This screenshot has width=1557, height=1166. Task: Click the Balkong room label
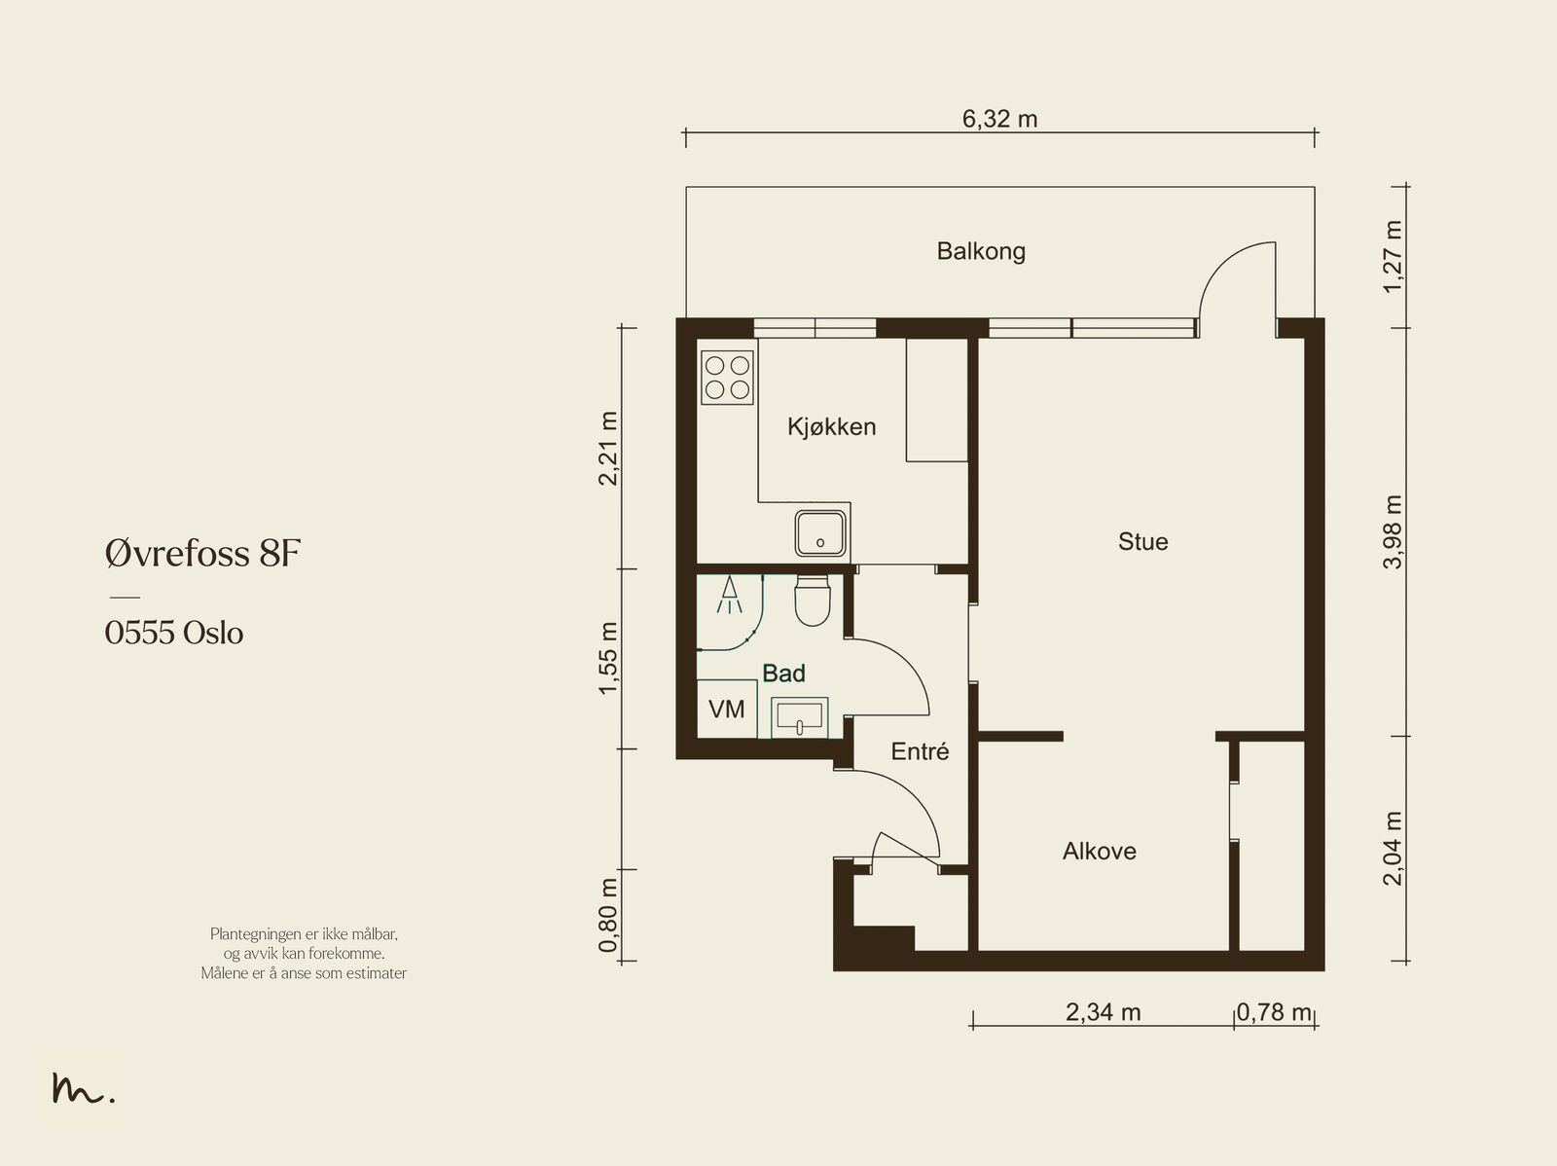coord(981,252)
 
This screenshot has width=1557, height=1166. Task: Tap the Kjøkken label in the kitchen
coord(831,427)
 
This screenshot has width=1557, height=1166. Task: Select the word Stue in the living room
coord(1142,542)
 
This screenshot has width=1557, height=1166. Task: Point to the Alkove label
coord(1099,851)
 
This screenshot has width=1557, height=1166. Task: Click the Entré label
coord(920,751)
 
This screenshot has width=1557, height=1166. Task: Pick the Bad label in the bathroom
coord(783,674)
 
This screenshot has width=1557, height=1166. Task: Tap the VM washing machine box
coord(727,709)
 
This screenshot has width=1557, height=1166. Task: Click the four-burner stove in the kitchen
coord(727,378)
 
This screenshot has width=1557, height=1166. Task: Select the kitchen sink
coord(820,533)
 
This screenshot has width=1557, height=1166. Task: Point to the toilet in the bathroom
coord(813,600)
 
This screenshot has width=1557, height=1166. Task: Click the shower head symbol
coord(729,595)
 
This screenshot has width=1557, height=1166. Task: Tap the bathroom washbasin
coord(800,717)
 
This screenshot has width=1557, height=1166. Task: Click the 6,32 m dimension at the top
coord(999,119)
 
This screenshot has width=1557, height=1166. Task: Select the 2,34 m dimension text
coord(1103,1012)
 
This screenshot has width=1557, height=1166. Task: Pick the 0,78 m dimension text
coord(1273,1012)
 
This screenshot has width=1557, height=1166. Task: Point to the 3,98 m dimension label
coord(1393,532)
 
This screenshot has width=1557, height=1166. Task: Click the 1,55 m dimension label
coord(608,658)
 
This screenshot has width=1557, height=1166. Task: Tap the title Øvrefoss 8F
coord(202,553)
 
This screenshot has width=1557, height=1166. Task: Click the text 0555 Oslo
coord(174,633)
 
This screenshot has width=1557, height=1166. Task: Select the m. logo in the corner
coord(83,1088)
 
